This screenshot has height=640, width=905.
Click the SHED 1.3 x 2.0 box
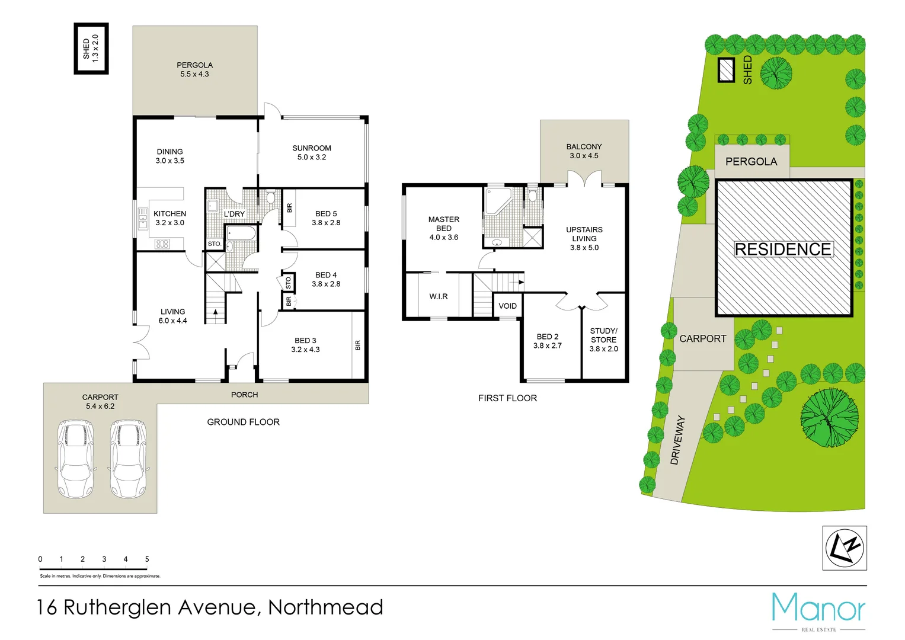click(91, 49)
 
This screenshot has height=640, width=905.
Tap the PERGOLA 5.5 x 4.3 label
click(194, 69)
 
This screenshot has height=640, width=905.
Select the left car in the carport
click(73, 459)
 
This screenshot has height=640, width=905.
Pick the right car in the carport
click(128, 459)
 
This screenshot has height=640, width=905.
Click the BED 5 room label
click(326, 218)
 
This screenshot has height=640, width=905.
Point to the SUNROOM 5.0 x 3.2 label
click(312, 152)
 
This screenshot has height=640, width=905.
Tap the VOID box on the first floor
click(507, 306)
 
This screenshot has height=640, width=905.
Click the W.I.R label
click(439, 296)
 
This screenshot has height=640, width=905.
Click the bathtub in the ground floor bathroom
click(241, 233)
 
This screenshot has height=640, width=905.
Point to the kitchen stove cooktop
click(162, 244)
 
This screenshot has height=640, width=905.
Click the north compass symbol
click(845, 548)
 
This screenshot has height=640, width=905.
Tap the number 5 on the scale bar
click(147, 559)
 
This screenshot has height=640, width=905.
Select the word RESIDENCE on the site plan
click(783, 249)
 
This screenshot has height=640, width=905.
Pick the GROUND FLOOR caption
click(243, 422)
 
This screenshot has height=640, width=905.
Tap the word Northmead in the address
click(325, 607)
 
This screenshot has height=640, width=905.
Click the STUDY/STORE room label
click(603, 340)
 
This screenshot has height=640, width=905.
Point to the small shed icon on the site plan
click(726, 70)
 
